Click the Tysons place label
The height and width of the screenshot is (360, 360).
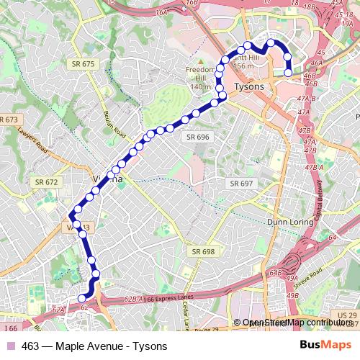click(x=249, y=86)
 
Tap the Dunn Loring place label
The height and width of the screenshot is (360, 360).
click(x=291, y=222)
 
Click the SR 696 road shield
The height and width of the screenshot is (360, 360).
click(x=197, y=137)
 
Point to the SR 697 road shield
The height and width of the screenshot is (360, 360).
click(x=242, y=184)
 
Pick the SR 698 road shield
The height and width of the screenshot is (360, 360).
click(x=204, y=251)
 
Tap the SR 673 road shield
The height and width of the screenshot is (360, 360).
click(x=9, y=120)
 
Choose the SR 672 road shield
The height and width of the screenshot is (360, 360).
click(x=45, y=182)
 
